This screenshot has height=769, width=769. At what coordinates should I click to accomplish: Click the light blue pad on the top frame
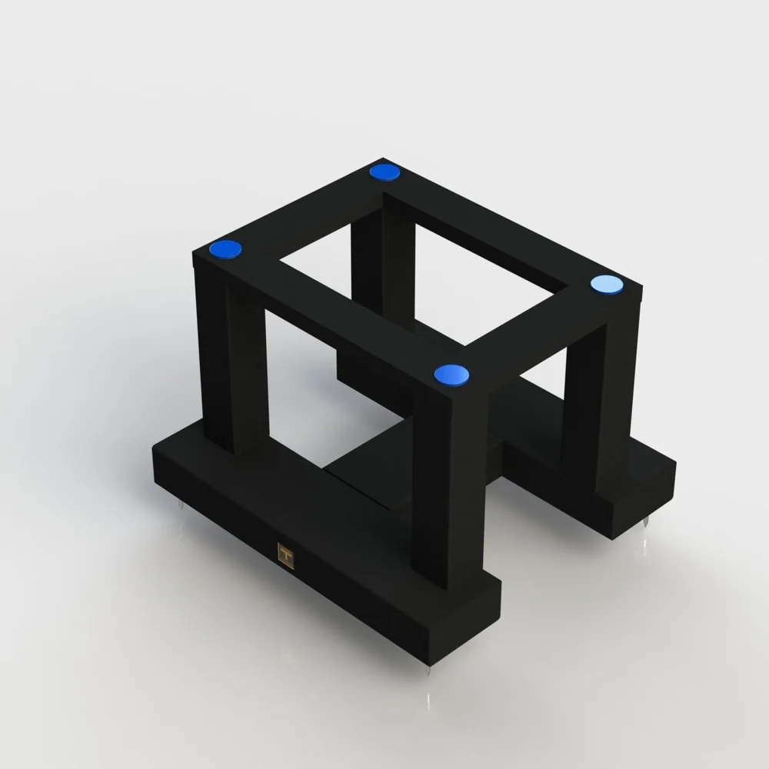(x=607, y=285)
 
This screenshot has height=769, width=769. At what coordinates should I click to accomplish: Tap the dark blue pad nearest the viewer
(x=451, y=375)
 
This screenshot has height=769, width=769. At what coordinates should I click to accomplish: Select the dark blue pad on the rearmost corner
(x=384, y=172)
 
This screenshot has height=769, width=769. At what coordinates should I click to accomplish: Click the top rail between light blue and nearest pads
(x=538, y=338)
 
